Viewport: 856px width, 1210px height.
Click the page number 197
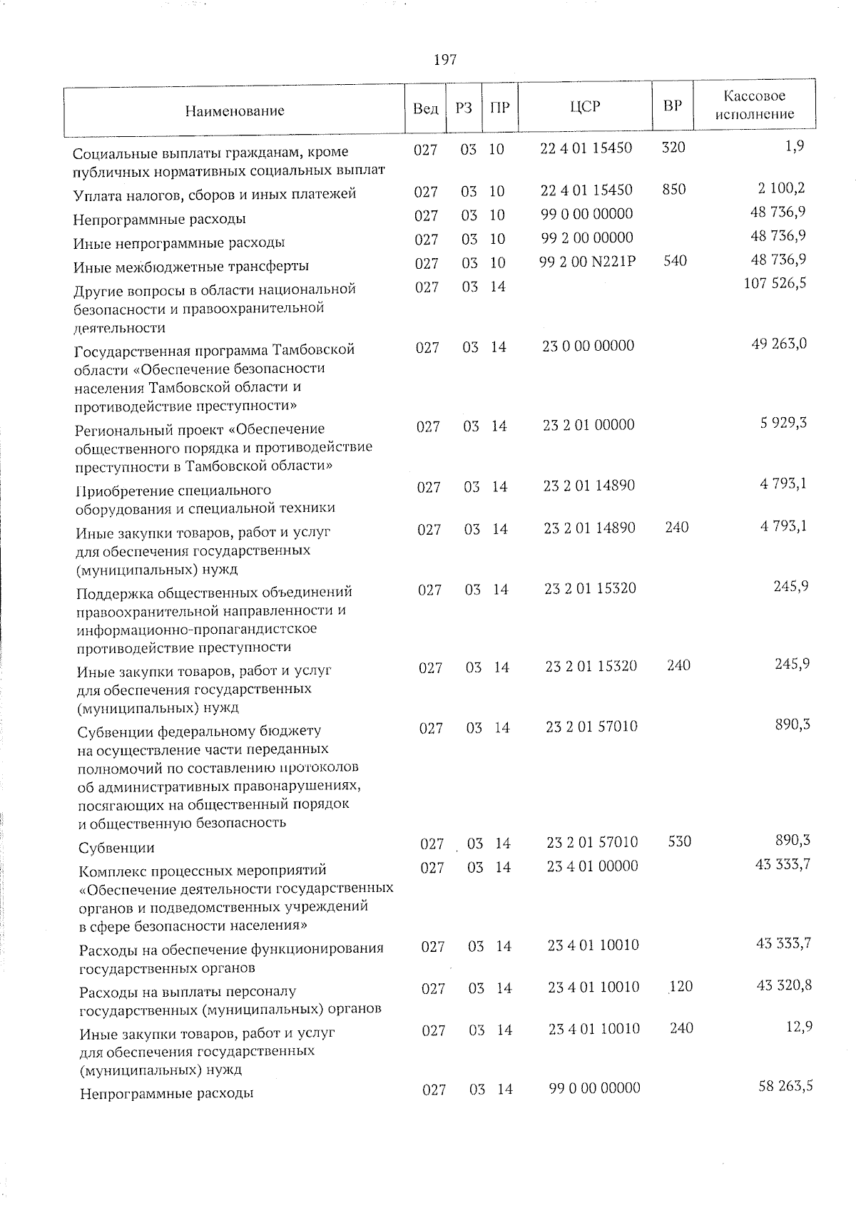(x=444, y=60)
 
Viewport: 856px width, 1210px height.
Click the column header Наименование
(x=235, y=111)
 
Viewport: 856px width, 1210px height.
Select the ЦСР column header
(x=585, y=106)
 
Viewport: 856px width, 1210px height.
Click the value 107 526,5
(x=775, y=284)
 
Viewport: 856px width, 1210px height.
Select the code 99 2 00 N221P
(x=588, y=261)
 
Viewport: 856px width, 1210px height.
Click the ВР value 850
(x=673, y=189)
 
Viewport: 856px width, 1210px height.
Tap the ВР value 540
(x=675, y=261)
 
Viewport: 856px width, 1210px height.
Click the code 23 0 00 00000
(x=588, y=346)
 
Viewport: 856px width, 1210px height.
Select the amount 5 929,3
(x=783, y=423)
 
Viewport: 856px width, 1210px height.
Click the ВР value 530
(x=679, y=841)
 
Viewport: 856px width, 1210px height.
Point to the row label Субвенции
(x=117, y=848)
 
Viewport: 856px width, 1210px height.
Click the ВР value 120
(x=681, y=987)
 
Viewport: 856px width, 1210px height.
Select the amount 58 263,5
(x=784, y=1087)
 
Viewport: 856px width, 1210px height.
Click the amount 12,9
(x=798, y=1027)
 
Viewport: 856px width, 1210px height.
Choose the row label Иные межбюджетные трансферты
(x=191, y=267)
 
